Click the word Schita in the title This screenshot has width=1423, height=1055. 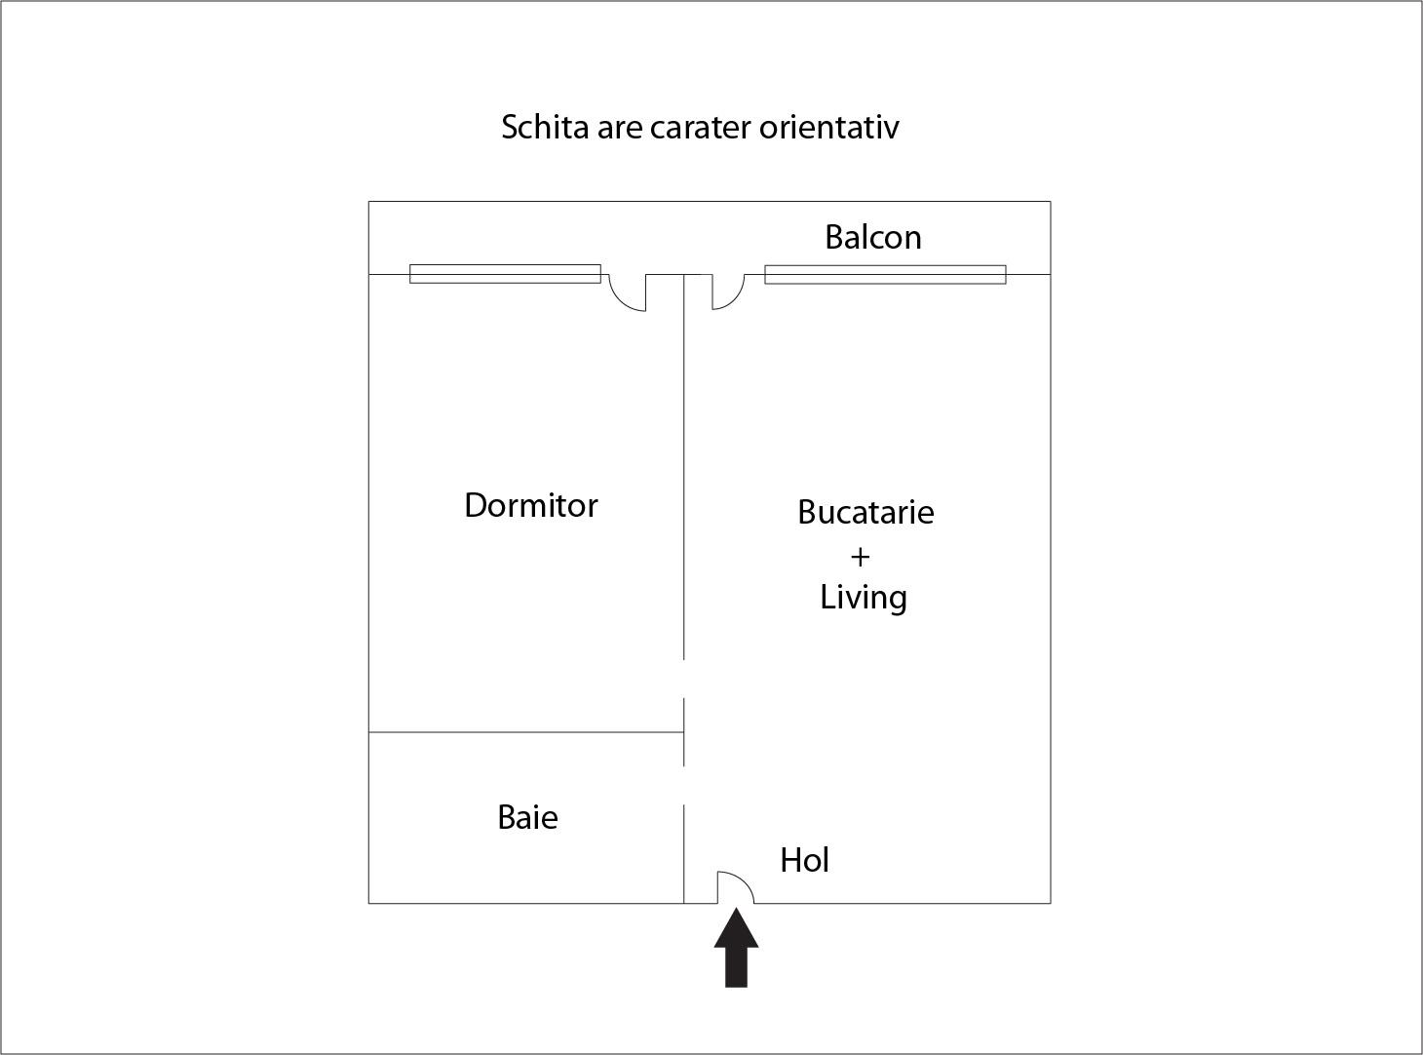[x=545, y=127]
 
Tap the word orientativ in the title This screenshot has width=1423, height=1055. [x=828, y=127]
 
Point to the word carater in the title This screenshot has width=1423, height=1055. [x=701, y=128]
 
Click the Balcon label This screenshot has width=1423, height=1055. [x=873, y=237]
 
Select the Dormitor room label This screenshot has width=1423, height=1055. [x=530, y=505]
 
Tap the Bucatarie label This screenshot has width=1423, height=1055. [x=865, y=512]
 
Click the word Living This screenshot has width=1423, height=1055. [x=864, y=598]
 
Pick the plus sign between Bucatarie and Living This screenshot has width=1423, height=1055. [x=861, y=557]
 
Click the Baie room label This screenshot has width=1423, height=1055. [x=527, y=817]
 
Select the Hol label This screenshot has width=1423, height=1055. [x=804, y=860]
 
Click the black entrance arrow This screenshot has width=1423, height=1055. [x=737, y=949]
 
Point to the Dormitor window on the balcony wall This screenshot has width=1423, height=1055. [x=506, y=274]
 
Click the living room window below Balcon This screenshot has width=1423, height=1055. [x=885, y=274]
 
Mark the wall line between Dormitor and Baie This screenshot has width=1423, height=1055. [x=526, y=732]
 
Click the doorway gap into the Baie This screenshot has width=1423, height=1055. [x=684, y=785]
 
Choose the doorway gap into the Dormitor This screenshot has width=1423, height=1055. [x=684, y=679]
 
